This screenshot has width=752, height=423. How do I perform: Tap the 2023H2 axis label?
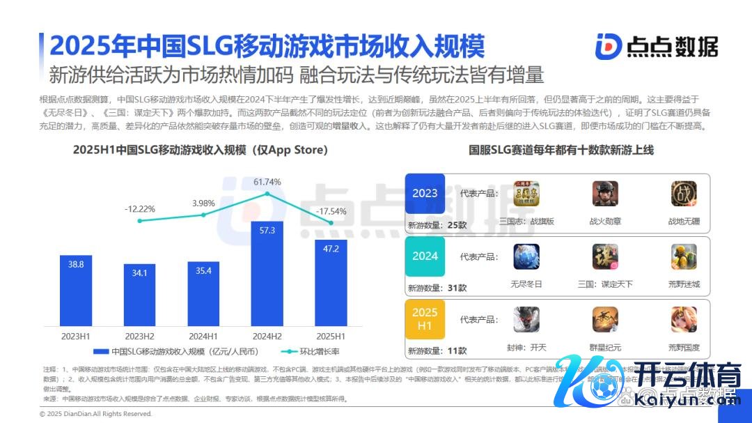pos(140,336)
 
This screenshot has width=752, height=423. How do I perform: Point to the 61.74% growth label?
pos(267,182)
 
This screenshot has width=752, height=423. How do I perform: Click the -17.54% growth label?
pos(331,211)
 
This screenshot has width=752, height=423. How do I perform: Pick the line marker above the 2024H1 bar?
pos(203,215)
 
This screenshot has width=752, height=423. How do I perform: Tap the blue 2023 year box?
pos(425,194)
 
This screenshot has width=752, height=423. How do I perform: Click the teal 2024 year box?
pos(425,256)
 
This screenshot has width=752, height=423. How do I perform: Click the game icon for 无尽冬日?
pos(526,257)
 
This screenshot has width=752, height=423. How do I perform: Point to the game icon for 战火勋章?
pos(605,194)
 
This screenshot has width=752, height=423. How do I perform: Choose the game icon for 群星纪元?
pos(605,320)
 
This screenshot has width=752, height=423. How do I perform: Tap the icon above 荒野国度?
pos(684,320)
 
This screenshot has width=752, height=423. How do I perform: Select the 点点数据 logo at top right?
pos(656,47)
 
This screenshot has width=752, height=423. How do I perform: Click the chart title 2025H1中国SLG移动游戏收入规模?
pos(201,150)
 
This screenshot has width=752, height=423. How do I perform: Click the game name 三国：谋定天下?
pos(605,284)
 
